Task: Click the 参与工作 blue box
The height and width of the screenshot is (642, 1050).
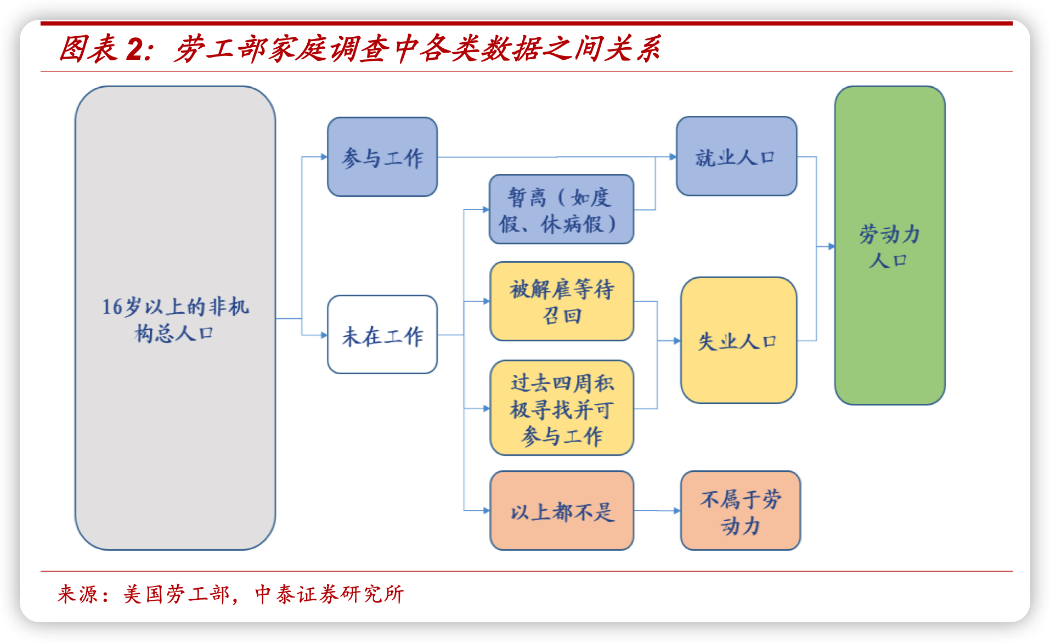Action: pos(382,157)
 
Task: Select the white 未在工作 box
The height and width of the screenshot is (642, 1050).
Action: pos(382,335)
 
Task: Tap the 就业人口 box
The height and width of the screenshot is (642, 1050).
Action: pos(736,156)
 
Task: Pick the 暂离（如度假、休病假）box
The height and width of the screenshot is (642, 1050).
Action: pos(561,209)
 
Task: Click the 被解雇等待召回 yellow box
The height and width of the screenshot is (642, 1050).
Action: pos(562,301)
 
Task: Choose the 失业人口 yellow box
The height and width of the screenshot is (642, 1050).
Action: pos(738,340)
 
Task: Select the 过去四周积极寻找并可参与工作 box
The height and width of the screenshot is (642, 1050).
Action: pos(562,408)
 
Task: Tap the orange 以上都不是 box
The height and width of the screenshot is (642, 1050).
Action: pos(562,510)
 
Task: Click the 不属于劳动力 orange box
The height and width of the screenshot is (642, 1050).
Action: pos(740,510)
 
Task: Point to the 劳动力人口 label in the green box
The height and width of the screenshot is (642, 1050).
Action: pos(889,246)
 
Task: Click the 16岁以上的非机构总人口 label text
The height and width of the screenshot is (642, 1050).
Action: pos(175,319)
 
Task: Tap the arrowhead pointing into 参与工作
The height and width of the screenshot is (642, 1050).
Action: pos(324,157)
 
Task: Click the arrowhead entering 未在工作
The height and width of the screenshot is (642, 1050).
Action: pos(324,335)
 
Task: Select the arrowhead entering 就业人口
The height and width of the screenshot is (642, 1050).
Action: pos(673,157)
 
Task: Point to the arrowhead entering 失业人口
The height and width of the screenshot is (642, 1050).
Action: pos(676,341)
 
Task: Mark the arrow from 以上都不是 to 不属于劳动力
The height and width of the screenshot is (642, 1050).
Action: pos(657,511)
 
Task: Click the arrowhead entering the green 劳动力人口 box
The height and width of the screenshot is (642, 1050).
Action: pos(831,246)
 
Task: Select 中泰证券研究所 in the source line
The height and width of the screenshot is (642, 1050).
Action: pos(329,594)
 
